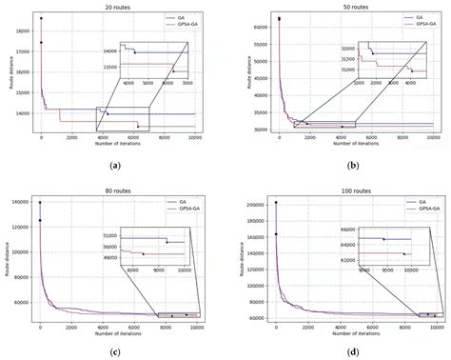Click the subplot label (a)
coord(114,169)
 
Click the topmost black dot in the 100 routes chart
coord(276,202)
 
